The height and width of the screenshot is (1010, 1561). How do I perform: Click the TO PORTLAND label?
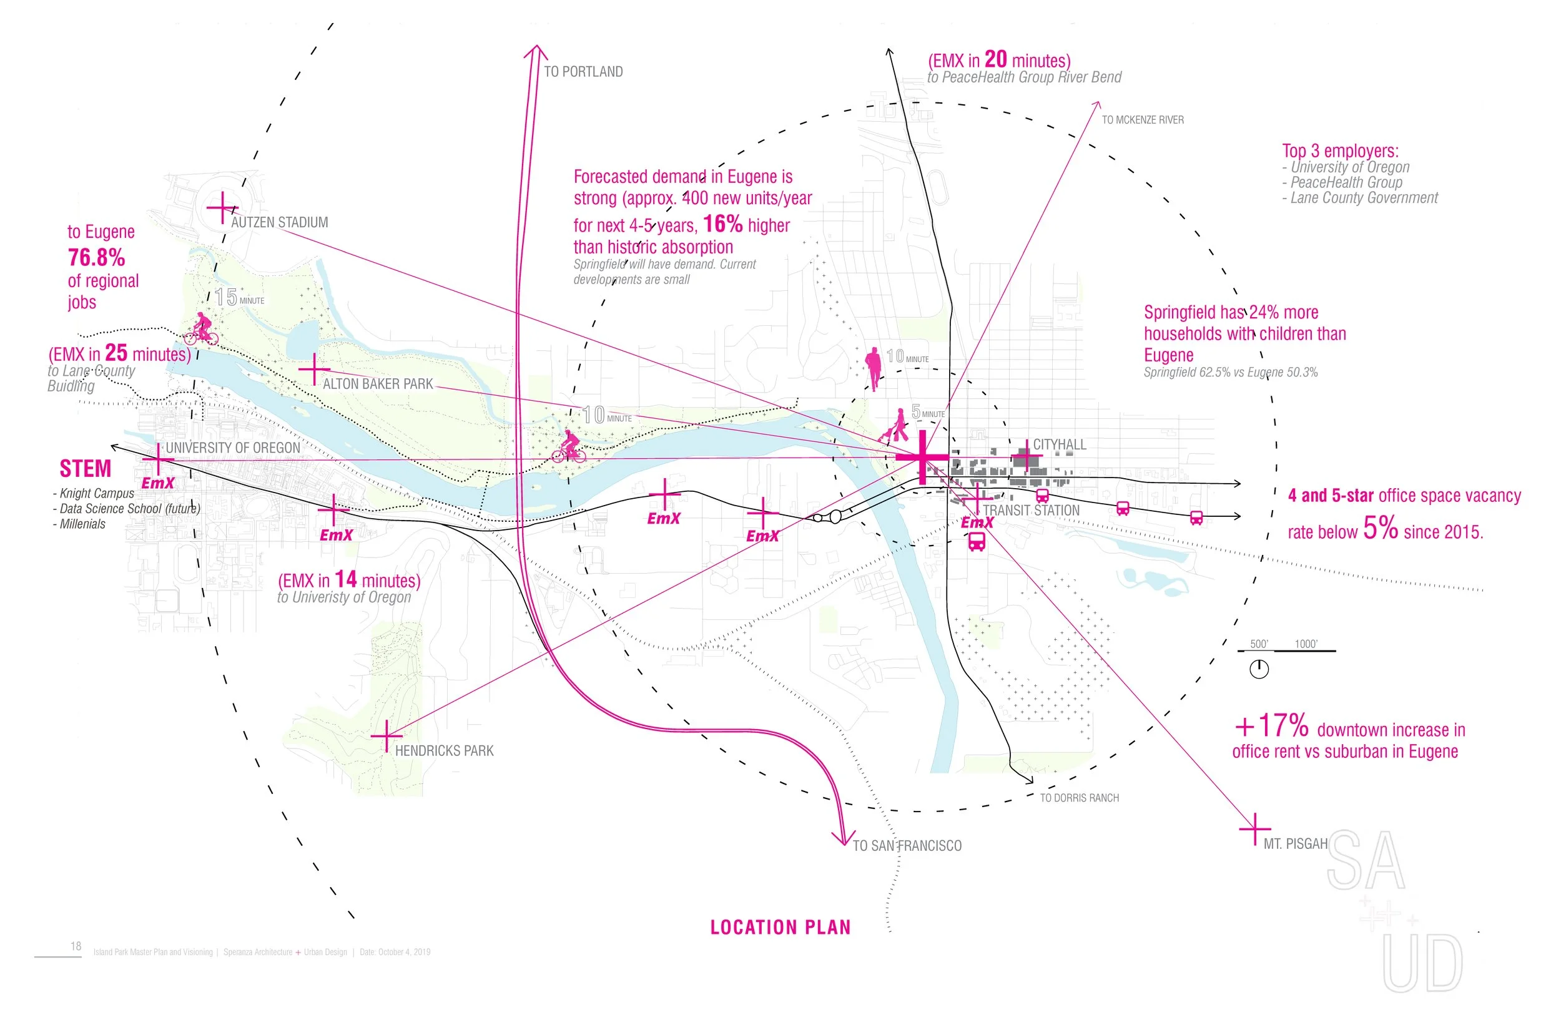click(583, 72)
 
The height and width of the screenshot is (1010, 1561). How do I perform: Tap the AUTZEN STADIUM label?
click(279, 222)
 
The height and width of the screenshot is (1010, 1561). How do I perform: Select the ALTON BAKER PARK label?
click(378, 384)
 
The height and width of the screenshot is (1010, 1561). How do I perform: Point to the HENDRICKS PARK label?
click(444, 751)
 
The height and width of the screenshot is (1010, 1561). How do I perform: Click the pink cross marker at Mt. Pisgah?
click(1254, 829)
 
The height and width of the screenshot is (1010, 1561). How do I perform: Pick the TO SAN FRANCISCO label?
click(907, 846)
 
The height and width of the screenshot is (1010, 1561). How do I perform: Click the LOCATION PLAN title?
click(780, 928)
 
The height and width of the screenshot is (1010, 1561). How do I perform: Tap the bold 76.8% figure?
click(96, 258)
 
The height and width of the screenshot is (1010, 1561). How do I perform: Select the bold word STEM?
click(86, 469)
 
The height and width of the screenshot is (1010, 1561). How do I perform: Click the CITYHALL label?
click(1060, 444)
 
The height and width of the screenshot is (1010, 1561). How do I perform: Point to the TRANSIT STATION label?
click(1031, 510)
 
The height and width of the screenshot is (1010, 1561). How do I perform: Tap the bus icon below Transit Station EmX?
click(977, 542)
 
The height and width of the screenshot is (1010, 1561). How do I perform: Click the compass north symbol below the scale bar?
click(1259, 670)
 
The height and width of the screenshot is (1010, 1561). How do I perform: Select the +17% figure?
click(1272, 726)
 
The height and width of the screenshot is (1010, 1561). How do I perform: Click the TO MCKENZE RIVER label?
click(1143, 120)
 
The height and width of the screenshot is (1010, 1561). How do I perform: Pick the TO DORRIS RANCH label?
click(1080, 798)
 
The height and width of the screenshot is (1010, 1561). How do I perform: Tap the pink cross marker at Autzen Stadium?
click(222, 208)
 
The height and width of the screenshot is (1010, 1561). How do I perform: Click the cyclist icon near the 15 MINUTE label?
click(201, 329)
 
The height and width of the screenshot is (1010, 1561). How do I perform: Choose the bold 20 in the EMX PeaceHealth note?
click(996, 59)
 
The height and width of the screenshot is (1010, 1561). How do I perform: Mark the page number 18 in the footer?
click(76, 946)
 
